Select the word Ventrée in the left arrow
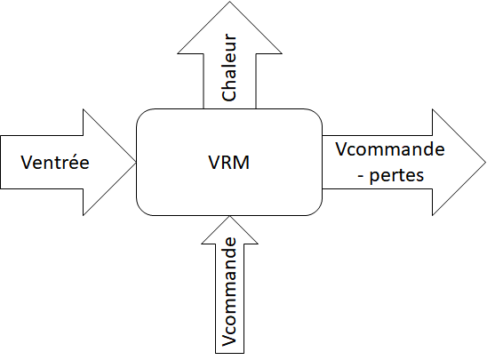click(x=54, y=164)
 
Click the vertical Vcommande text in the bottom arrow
click(x=229, y=291)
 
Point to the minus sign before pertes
click(x=360, y=175)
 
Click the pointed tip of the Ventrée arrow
click(x=134, y=163)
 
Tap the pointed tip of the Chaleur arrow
click(x=228, y=3)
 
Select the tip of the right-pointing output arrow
click(x=484, y=163)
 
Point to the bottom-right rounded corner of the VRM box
click(x=315, y=209)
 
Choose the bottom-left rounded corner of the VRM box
click(x=142, y=209)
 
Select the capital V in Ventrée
click(x=25, y=164)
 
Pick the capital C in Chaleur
click(x=228, y=94)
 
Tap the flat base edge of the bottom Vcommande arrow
click(x=229, y=354)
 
